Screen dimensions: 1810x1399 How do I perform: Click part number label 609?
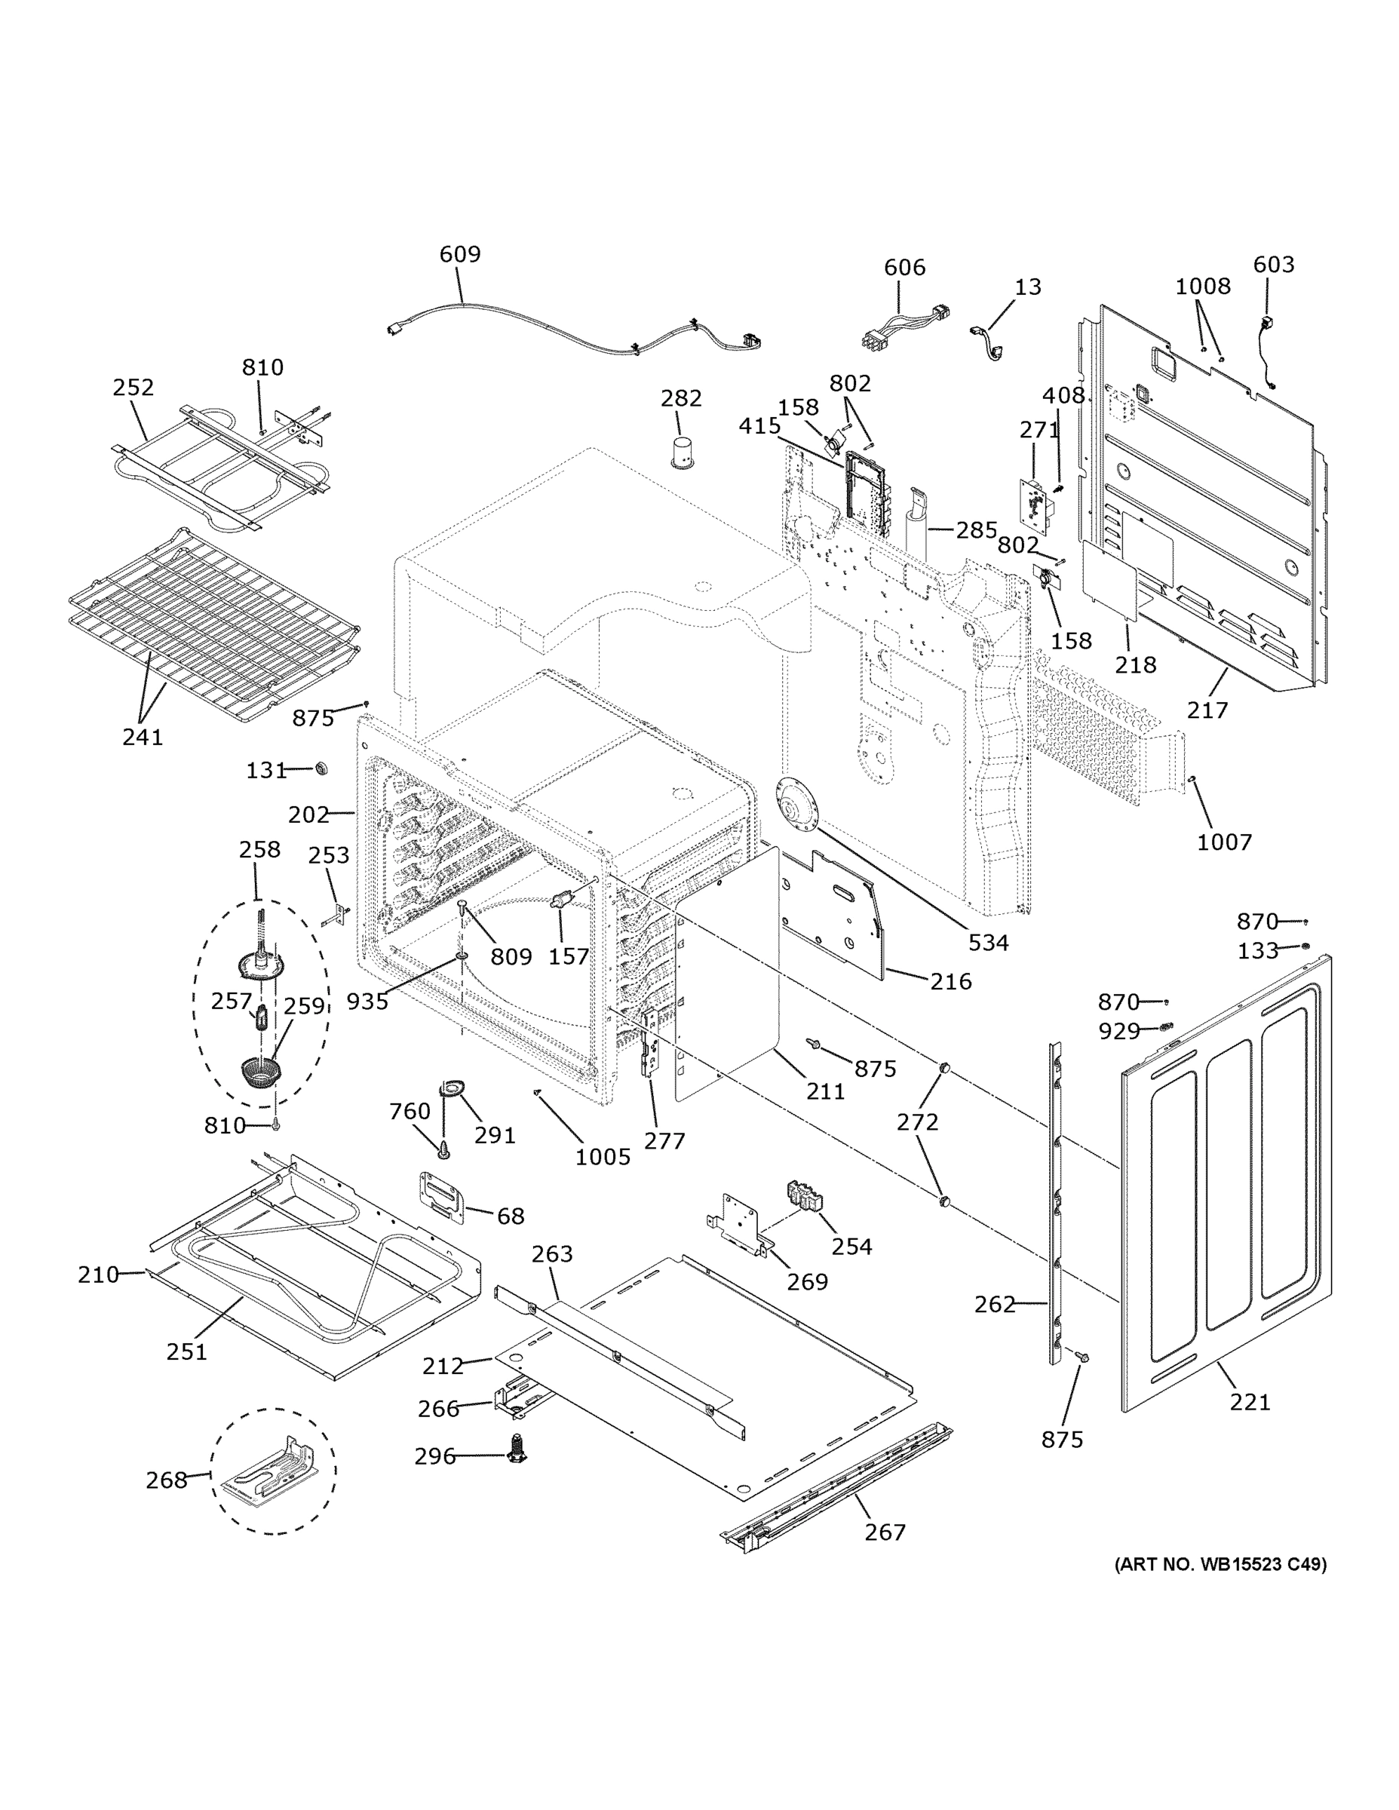tap(460, 253)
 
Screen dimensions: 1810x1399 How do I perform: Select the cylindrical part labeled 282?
tap(684, 452)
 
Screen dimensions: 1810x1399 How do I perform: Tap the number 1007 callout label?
tap(1224, 842)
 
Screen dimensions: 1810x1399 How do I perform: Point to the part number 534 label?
tap(989, 942)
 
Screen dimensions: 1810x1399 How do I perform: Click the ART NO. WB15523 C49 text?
tap(1220, 1565)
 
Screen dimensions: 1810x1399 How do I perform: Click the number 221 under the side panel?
tap(1250, 1402)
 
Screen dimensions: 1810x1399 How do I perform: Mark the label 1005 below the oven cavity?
tap(603, 1157)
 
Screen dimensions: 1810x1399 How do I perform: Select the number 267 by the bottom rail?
tap(885, 1532)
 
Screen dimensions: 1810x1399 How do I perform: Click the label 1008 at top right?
tap(1203, 287)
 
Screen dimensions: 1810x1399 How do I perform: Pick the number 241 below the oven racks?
tap(143, 737)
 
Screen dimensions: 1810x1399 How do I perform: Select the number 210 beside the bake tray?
tap(99, 1275)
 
